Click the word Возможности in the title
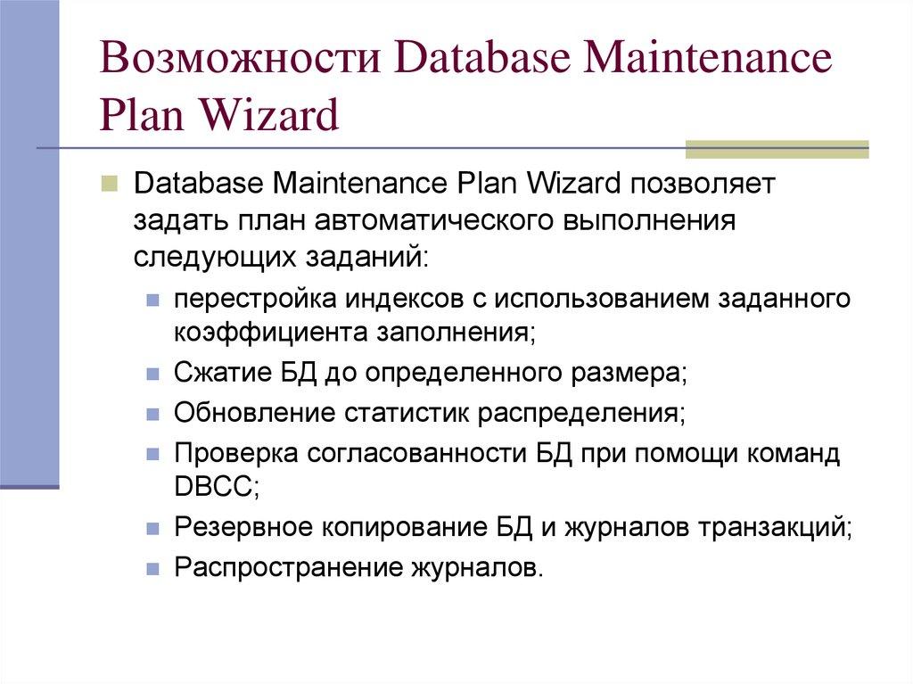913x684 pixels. [x=240, y=58]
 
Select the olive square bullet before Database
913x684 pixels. [x=109, y=184]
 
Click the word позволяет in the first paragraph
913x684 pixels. [x=704, y=183]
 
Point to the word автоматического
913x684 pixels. [x=433, y=220]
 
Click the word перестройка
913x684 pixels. [x=255, y=299]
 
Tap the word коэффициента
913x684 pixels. [x=271, y=334]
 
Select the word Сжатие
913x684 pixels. [x=223, y=372]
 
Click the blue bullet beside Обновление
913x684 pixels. [x=152, y=415]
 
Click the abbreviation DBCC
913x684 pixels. [x=213, y=487]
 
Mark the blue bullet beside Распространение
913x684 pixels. [x=152, y=569]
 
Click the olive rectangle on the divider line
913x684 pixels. [x=777, y=149]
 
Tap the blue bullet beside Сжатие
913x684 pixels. [x=152, y=374]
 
